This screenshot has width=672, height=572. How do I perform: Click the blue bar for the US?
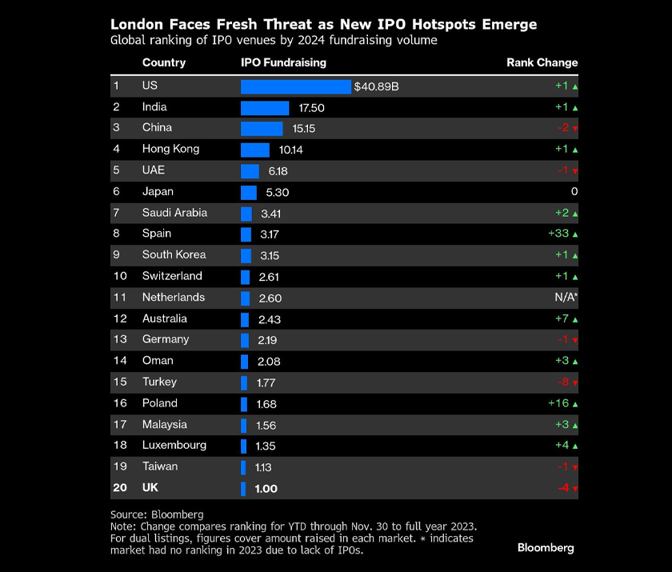pos(295,86)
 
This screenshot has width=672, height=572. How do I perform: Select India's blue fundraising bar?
pos(265,108)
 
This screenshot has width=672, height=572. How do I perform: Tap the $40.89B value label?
pos(376,86)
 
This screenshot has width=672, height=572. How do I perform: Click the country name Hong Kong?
pos(170,149)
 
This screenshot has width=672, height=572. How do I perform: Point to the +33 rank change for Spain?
pos(558,234)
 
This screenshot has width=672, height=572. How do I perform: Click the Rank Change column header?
pos(542,62)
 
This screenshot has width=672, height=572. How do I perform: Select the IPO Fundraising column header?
pos(283,62)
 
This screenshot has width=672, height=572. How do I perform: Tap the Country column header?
pos(163,62)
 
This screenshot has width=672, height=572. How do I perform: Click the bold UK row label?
pos(150,488)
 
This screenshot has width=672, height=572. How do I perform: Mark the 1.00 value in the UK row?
pos(266,489)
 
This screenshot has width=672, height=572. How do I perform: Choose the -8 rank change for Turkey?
pos(564,382)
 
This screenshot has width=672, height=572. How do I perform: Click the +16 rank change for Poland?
pos(558,403)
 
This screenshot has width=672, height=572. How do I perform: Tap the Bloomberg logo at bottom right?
pos(546,548)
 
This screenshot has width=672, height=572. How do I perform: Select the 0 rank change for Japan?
pos(574,191)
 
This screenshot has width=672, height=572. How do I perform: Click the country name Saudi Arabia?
pos(174,213)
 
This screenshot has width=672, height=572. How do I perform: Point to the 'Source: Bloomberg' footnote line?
pos(157,514)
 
